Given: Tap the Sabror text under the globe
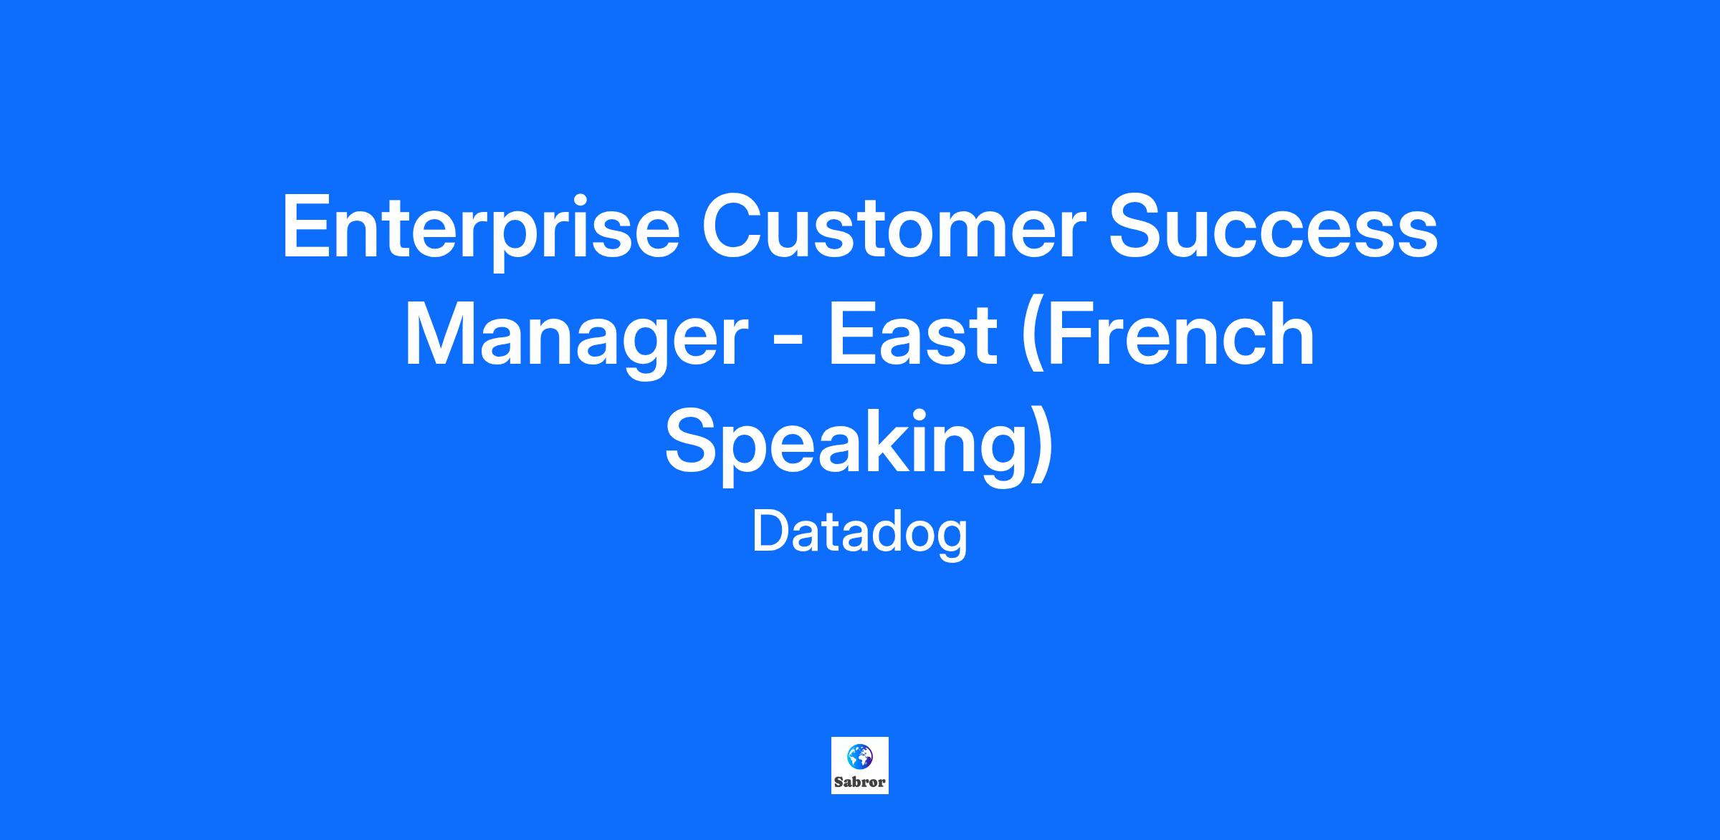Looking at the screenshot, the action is coord(859,782).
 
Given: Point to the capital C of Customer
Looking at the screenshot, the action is coord(733,226).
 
